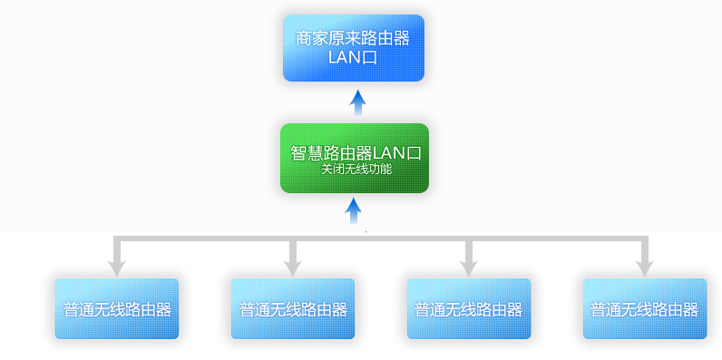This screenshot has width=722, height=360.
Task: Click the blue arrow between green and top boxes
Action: (x=357, y=102)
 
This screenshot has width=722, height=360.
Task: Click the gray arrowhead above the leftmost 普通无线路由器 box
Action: (x=116, y=267)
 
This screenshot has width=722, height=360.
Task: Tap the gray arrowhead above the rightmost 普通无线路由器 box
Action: (x=644, y=267)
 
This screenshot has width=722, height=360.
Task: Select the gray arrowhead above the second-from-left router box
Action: (x=292, y=267)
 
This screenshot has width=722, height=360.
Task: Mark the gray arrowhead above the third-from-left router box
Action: (x=468, y=267)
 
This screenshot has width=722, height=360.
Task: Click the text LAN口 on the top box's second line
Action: (x=353, y=58)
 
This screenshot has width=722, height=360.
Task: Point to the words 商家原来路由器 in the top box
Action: (x=353, y=39)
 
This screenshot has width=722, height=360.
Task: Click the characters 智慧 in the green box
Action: (x=306, y=151)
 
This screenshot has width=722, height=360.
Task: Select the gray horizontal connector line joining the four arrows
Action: (x=381, y=238)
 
